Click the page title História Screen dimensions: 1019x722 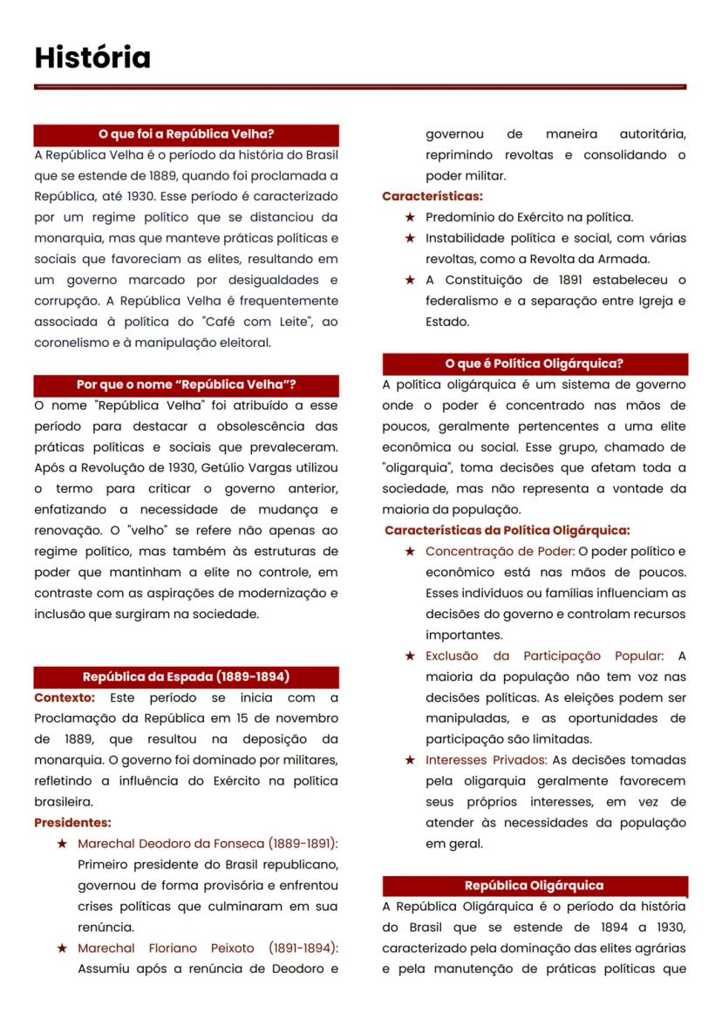tap(92, 58)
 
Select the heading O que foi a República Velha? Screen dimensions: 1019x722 tap(186, 134)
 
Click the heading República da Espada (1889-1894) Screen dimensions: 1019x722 tap(186, 676)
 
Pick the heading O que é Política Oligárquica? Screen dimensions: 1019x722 tap(535, 363)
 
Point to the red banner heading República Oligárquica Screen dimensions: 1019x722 tap(535, 886)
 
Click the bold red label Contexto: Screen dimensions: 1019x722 tap(64, 698)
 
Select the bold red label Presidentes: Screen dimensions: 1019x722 tap(72, 822)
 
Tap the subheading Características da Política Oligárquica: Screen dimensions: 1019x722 tap(507, 530)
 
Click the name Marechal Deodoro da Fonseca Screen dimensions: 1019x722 tap(171, 844)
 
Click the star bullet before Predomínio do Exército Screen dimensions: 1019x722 tap(409, 217)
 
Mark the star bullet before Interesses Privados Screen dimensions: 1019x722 tap(409, 760)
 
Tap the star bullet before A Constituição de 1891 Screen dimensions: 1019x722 tap(409, 280)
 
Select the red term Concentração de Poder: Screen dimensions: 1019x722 tap(500, 552)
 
